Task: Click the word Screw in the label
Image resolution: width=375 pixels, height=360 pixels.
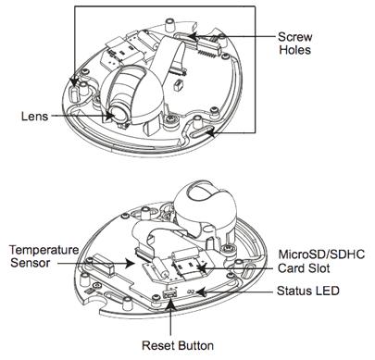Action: pyautogui.click(x=294, y=37)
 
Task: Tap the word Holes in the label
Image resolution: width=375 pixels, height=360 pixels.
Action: pyautogui.click(x=294, y=50)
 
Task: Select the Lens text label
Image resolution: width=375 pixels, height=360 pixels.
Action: pyautogui.click(x=34, y=117)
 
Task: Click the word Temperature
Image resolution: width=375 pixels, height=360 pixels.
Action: pyautogui.click(x=44, y=250)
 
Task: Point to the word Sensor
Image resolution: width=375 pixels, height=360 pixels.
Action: pyautogui.click(x=30, y=263)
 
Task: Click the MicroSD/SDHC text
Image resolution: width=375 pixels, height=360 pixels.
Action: pyautogui.click(x=321, y=254)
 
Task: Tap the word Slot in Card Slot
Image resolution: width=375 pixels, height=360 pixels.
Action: pyautogui.click(x=319, y=268)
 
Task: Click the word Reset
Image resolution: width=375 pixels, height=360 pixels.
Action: pyautogui.click(x=158, y=345)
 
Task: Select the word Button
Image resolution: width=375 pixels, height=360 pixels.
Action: pyautogui.click(x=195, y=345)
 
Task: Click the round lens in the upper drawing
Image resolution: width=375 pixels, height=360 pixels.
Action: pyautogui.click(x=119, y=113)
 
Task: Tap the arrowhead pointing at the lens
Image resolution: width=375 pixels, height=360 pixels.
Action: pyautogui.click(x=109, y=116)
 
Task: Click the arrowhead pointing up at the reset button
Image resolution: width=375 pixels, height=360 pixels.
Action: pyautogui.click(x=171, y=304)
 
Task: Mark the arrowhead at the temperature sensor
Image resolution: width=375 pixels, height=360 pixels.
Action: pyautogui.click(x=130, y=264)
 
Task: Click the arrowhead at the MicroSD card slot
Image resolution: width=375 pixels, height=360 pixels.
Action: pyautogui.click(x=202, y=268)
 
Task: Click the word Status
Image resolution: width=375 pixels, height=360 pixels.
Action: pyautogui.click(x=294, y=291)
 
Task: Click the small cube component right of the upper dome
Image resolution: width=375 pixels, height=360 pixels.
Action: pyautogui.click(x=178, y=85)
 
